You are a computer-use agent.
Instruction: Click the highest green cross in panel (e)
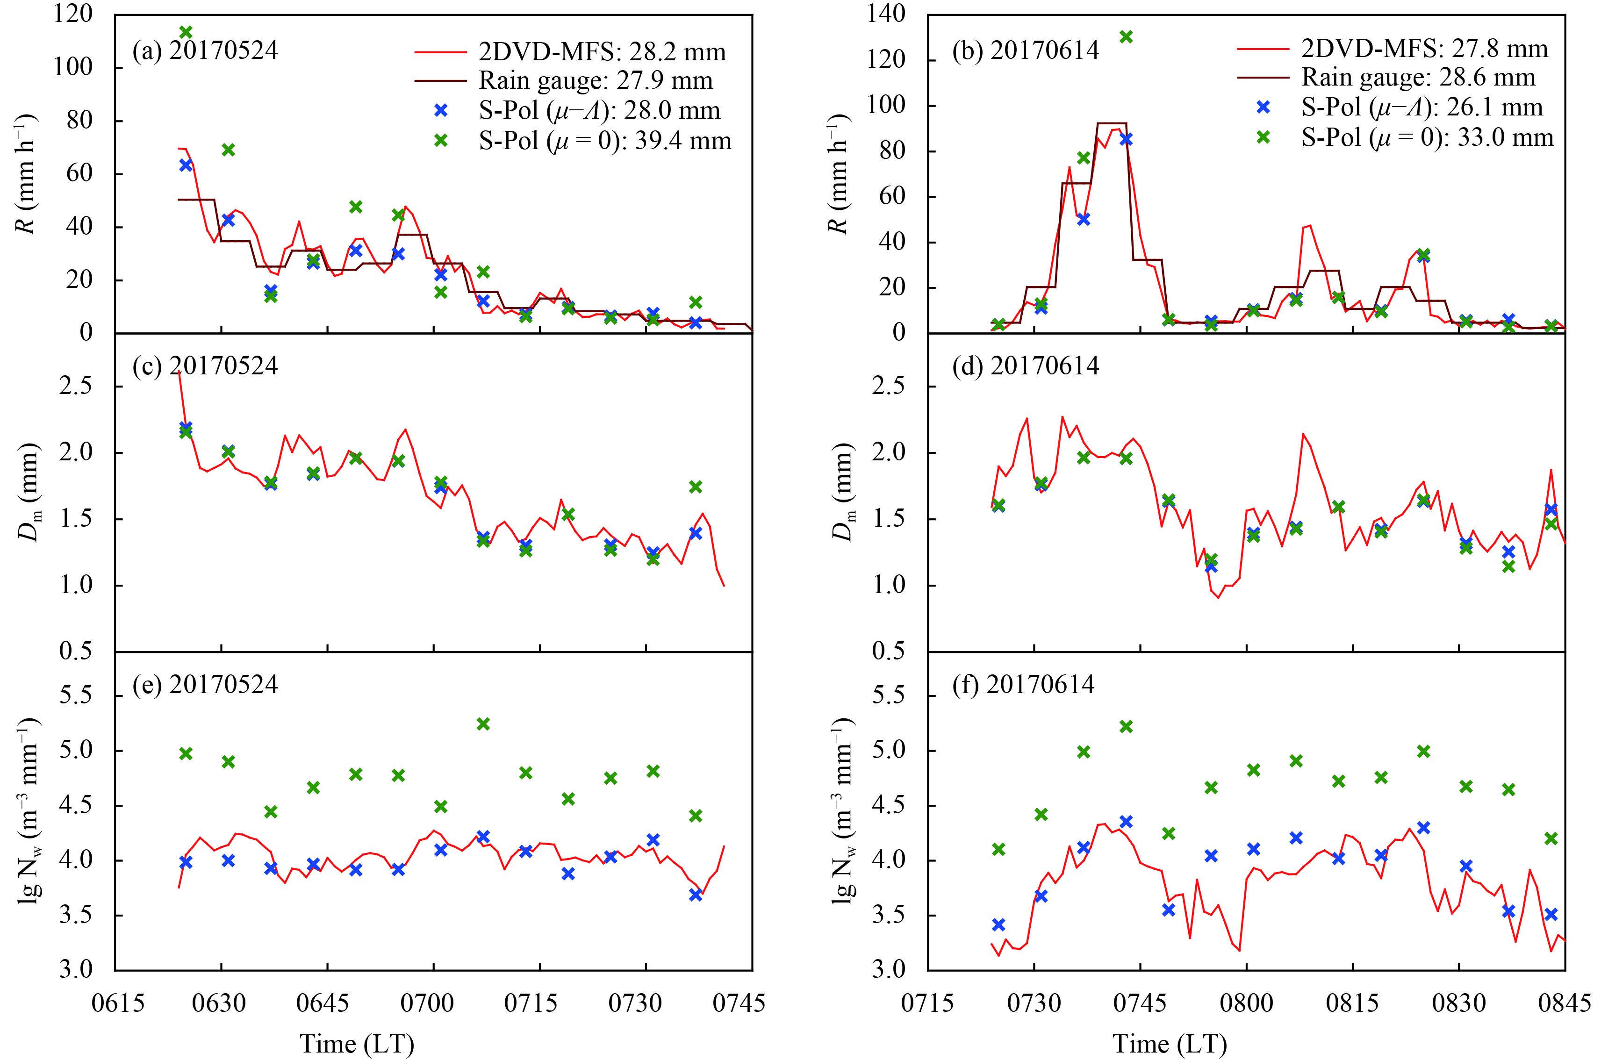tap(483, 724)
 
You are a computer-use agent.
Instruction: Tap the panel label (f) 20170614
tap(1022, 685)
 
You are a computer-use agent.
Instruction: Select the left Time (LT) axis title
tap(357, 1043)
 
